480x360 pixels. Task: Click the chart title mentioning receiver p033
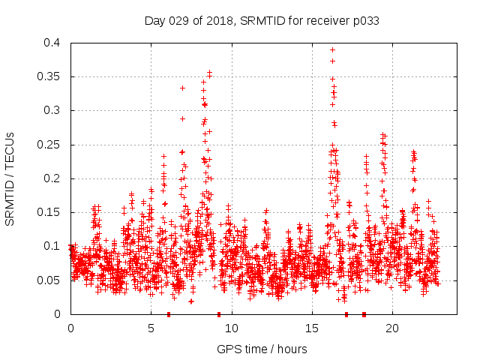pos(262,21)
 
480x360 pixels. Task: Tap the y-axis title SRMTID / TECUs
pos(10,178)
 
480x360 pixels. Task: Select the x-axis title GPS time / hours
pos(262,349)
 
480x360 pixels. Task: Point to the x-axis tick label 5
pos(151,328)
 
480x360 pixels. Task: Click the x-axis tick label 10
pos(232,328)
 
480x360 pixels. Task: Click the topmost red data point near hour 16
pos(332,49)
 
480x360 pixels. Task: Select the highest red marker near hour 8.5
pos(210,73)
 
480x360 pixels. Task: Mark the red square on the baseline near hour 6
pos(169,314)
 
